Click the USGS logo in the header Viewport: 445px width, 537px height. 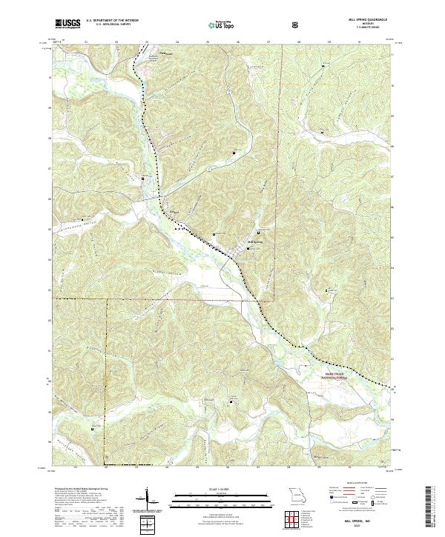click(x=67, y=24)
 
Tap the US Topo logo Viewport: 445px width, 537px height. click(x=215, y=25)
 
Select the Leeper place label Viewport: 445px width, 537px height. click(x=176, y=211)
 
